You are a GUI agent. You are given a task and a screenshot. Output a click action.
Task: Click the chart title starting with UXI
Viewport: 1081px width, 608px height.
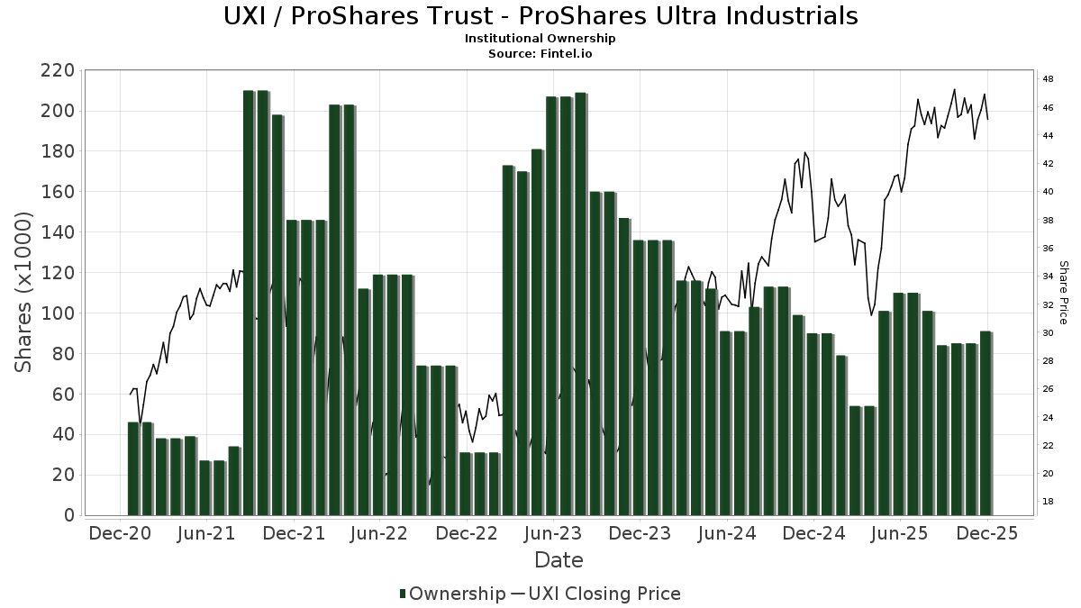click(540, 16)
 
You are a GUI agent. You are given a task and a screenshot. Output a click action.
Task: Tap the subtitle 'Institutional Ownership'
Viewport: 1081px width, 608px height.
click(540, 39)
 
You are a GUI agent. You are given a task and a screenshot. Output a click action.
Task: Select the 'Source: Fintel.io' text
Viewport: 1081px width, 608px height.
click(540, 53)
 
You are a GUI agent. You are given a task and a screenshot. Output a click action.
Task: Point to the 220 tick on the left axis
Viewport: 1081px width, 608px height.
click(56, 71)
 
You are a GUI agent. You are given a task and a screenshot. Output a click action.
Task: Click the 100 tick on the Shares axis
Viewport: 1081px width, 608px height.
click(56, 313)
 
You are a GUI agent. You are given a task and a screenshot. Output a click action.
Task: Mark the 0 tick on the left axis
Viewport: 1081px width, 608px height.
click(68, 515)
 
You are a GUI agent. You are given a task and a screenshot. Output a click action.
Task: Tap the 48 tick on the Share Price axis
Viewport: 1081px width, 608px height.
click(1049, 79)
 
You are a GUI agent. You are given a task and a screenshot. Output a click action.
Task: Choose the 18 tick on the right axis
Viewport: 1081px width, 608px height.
click(1049, 501)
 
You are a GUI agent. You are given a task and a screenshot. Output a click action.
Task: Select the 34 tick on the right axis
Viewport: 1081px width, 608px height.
click(1049, 277)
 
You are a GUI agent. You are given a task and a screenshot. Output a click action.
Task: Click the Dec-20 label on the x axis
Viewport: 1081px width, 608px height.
click(121, 534)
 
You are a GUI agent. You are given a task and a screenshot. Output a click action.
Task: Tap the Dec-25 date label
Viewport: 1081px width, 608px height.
click(986, 534)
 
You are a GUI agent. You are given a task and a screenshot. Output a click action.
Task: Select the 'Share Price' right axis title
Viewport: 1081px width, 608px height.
click(1063, 292)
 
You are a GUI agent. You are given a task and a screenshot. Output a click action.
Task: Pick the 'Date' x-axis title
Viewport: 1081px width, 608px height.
click(559, 560)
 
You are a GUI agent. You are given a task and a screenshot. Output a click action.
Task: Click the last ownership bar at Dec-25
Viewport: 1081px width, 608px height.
click(986, 423)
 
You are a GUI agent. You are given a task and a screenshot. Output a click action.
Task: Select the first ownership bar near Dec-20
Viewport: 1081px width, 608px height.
click(133, 468)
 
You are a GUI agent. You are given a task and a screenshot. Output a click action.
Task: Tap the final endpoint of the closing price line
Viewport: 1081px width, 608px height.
click(988, 120)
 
